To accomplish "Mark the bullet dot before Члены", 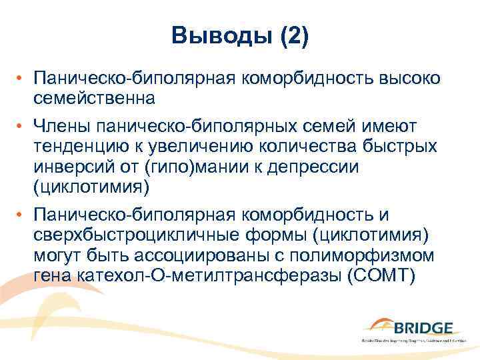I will pos(21,126).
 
